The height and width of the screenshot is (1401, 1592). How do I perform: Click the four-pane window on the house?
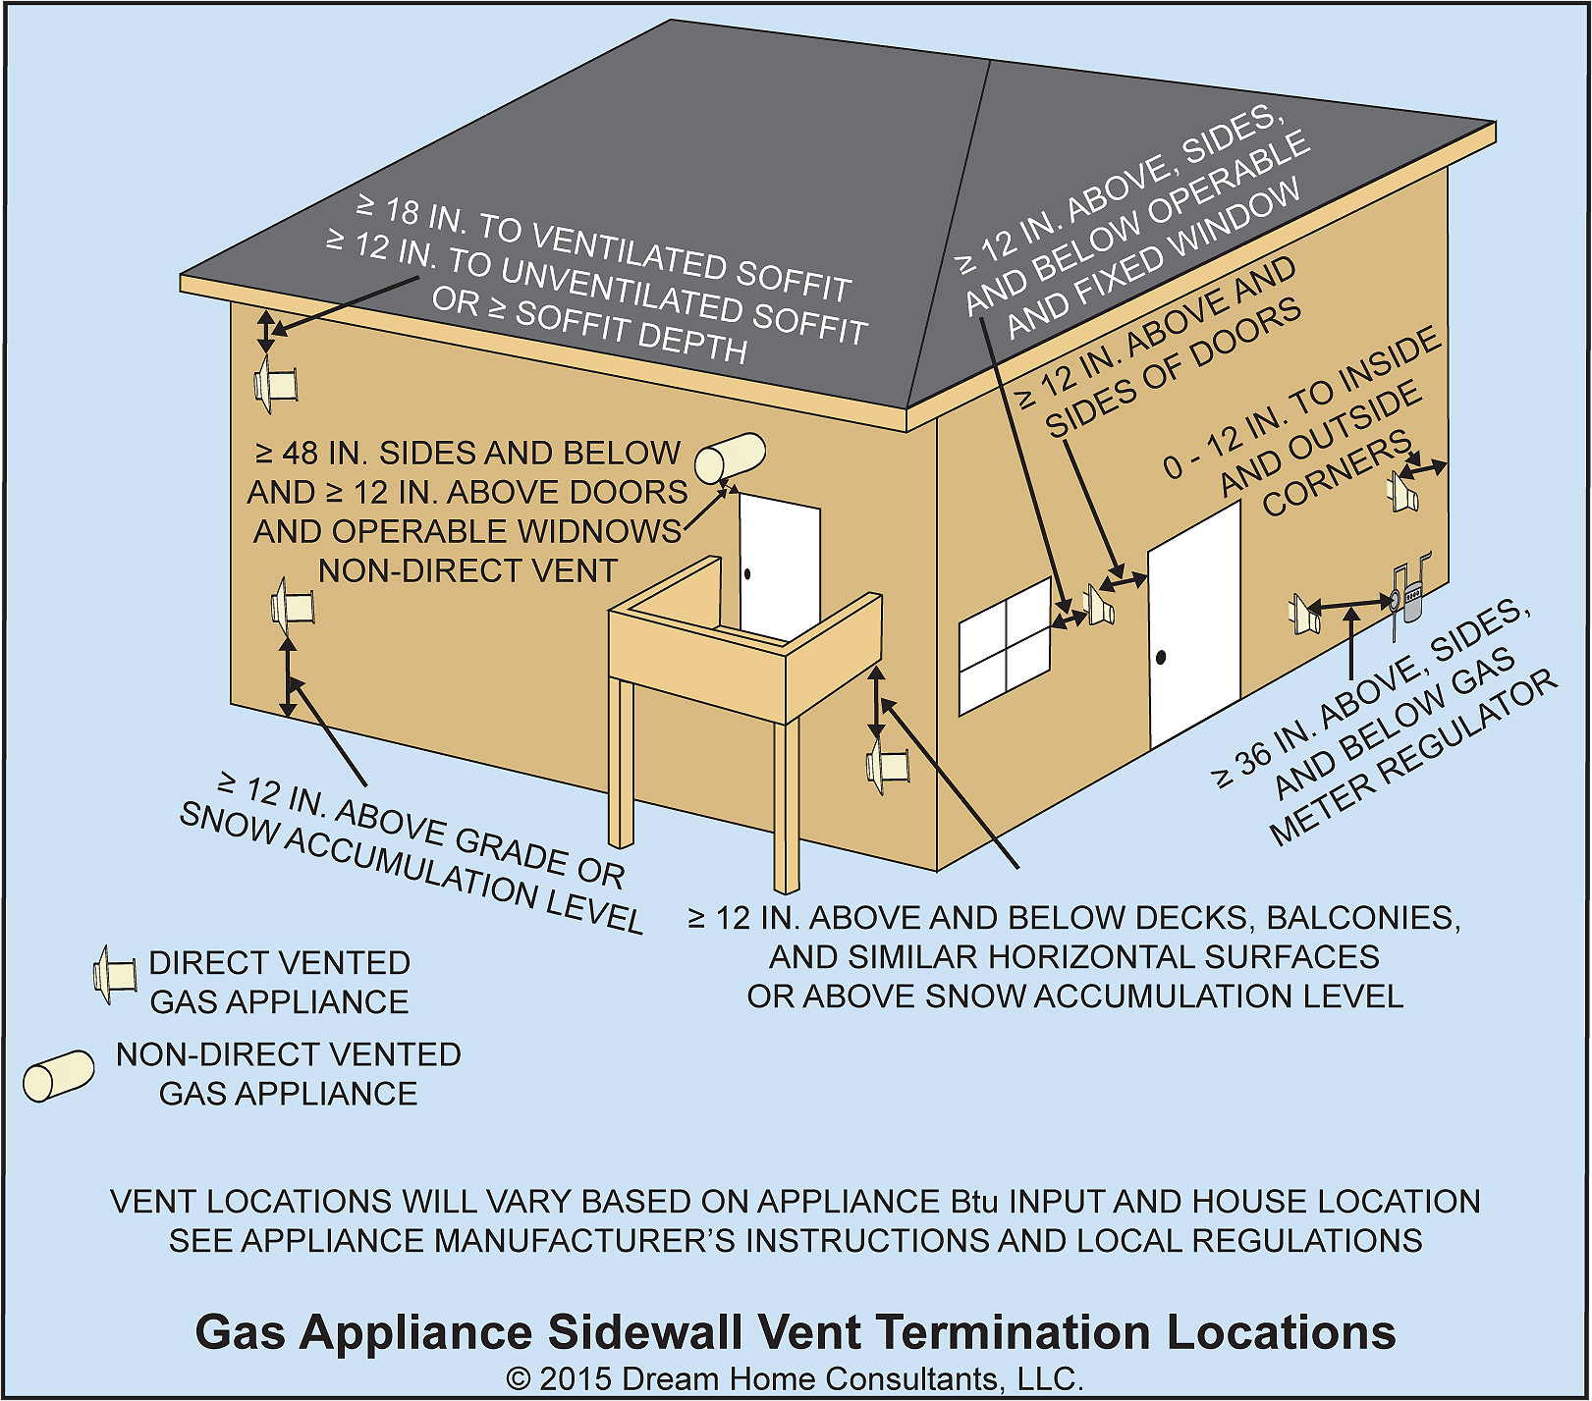pyautogui.click(x=1006, y=645)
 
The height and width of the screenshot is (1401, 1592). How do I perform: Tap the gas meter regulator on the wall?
pyautogui.click(x=1410, y=593)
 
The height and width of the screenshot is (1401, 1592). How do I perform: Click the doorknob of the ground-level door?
pyautogui.click(x=1161, y=657)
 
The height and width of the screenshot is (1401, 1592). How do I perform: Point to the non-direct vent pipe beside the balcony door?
pyautogui.click(x=730, y=457)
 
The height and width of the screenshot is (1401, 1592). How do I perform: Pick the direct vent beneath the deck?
pyautogui.click(x=889, y=764)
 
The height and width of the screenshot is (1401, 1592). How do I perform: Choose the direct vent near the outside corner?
pyautogui.click(x=1403, y=491)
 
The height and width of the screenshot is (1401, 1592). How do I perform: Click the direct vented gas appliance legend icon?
pyautogui.click(x=114, y=974)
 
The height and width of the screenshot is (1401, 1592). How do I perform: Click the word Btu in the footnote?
pyautogui.click(x=974, y=1202)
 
